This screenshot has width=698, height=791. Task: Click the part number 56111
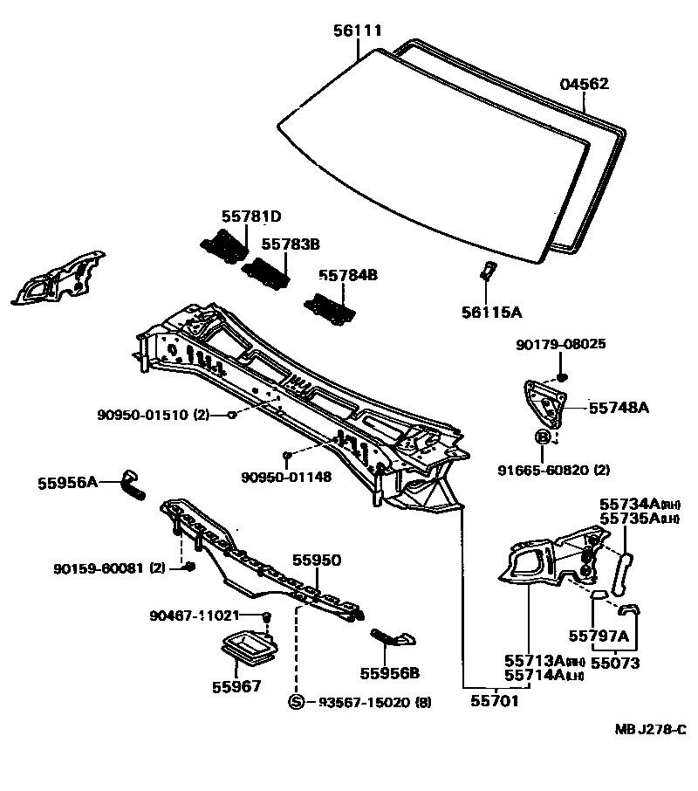coord(358,31)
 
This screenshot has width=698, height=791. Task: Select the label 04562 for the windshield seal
coord(584,85)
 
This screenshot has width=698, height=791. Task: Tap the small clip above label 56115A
coord(489,270)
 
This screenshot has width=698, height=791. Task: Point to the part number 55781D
coord(250,217)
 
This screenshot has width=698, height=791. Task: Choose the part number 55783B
coord(291,245)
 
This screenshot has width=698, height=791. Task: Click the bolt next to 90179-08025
coord(561,377)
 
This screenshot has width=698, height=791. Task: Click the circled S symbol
coord(297,702)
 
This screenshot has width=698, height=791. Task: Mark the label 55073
coord(616,663)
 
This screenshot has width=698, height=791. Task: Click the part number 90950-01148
coord(287,478)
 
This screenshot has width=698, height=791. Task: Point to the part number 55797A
coord(599,635)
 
